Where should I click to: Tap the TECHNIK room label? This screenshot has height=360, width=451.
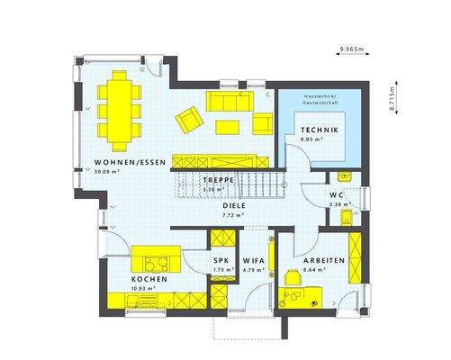click(319, 131)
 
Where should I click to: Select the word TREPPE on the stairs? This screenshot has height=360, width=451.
click(218, 180)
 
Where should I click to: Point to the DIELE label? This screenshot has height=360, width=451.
click(235, 205)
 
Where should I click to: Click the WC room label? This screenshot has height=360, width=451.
click(336, 193)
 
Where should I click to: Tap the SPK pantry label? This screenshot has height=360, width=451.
click(220, 260)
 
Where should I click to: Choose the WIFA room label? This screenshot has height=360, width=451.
click(253, 260)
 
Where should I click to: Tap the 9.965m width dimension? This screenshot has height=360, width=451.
click(353, 47)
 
